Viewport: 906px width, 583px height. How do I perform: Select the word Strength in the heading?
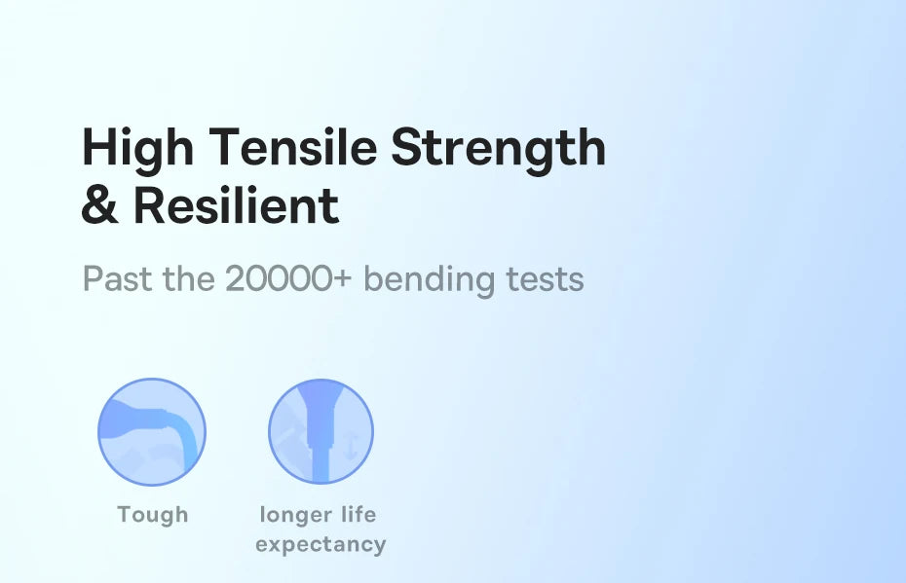[x=498, y=148]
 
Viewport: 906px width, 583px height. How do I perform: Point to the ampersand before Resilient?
[x=100, y=206]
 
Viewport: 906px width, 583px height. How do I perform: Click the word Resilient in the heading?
[x=236, y=206]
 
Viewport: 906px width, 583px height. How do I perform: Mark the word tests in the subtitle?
[x=546, y=280]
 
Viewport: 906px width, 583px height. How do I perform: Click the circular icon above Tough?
[x=152, y=432]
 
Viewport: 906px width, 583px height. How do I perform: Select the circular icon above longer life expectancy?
[x=321, y=432]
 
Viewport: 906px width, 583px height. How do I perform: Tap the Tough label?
[x=152, y=514]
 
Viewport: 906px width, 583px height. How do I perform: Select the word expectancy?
[x=321, y=544]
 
